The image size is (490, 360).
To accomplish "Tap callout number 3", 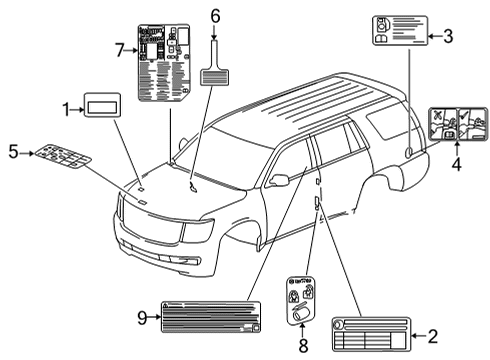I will [x=447, y=37].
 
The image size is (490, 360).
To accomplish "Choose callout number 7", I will [x=119, y=49].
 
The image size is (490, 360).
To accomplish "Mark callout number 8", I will [x=303, y=347].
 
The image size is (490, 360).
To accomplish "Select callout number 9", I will [x=142, y=317].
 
